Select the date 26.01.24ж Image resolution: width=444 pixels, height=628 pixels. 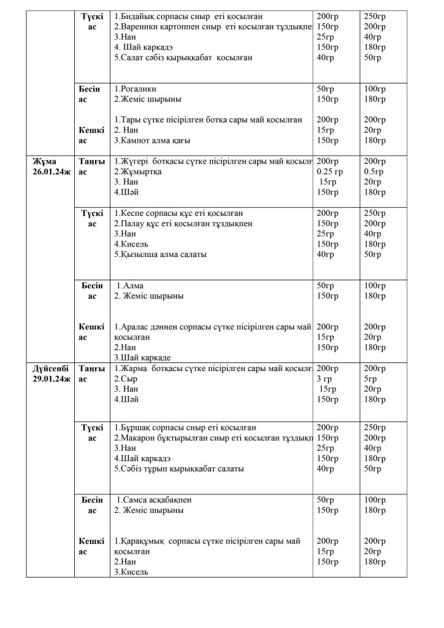click(x=52, y=172)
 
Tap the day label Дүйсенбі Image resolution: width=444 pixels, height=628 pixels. click(x=52, y=368)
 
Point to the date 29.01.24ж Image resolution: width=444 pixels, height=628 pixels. click(x=52, y=379)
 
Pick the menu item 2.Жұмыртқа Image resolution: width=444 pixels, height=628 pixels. click(x=138, y=172)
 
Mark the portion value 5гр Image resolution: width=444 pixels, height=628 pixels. click(x=371, y=379)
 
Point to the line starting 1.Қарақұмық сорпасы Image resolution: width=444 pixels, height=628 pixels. click(x=207, y=541)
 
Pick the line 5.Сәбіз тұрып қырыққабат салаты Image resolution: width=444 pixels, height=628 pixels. click(x=179, y=469)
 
